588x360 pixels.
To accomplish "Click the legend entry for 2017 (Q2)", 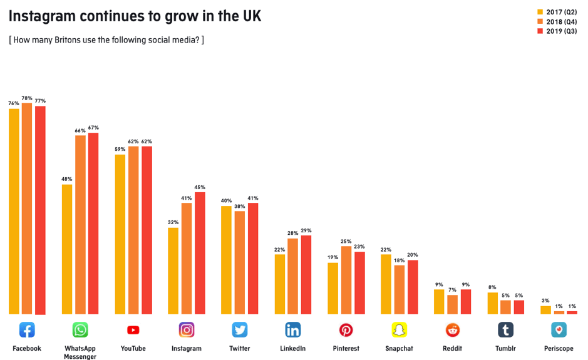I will [x=557, y=12].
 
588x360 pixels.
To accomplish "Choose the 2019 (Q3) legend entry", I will [x=557, y=31].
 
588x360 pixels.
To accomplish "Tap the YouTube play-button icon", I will [x=133, y=330].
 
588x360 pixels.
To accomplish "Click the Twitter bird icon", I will [x=240, y=330].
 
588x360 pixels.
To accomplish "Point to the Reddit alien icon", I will [x=452, y=330].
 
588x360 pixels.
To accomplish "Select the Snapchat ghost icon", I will [x=399, y=330].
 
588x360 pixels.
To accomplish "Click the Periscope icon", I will [x=559, y=330].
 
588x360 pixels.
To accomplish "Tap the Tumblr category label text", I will [x=505, y=349].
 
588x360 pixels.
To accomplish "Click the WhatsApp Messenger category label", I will [x=80, y=352].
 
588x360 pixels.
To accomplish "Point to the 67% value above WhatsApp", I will [x=93, y=128].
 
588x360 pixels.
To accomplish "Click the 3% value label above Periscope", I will [x=545, y=301].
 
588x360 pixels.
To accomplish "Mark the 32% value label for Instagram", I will [x=173, y=222].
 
